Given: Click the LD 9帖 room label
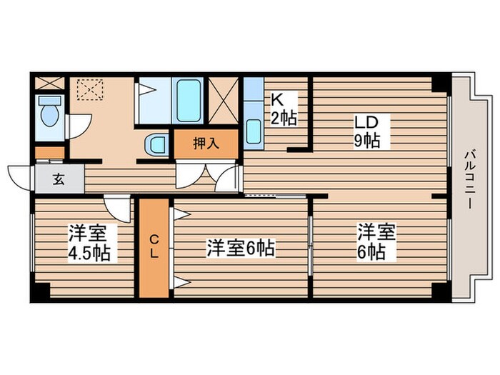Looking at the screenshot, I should click(x=365, y=131).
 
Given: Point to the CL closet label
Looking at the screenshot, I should click(x=154, y=247).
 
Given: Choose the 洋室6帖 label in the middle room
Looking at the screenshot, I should click(x=241, y=249).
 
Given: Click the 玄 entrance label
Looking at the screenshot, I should click(x=59, y=179).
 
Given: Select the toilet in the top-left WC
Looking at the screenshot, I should click(x=49, y=112).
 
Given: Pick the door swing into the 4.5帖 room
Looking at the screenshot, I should click(x=116, y=207).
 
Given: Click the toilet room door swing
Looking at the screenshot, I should click(x=77, y=126).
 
